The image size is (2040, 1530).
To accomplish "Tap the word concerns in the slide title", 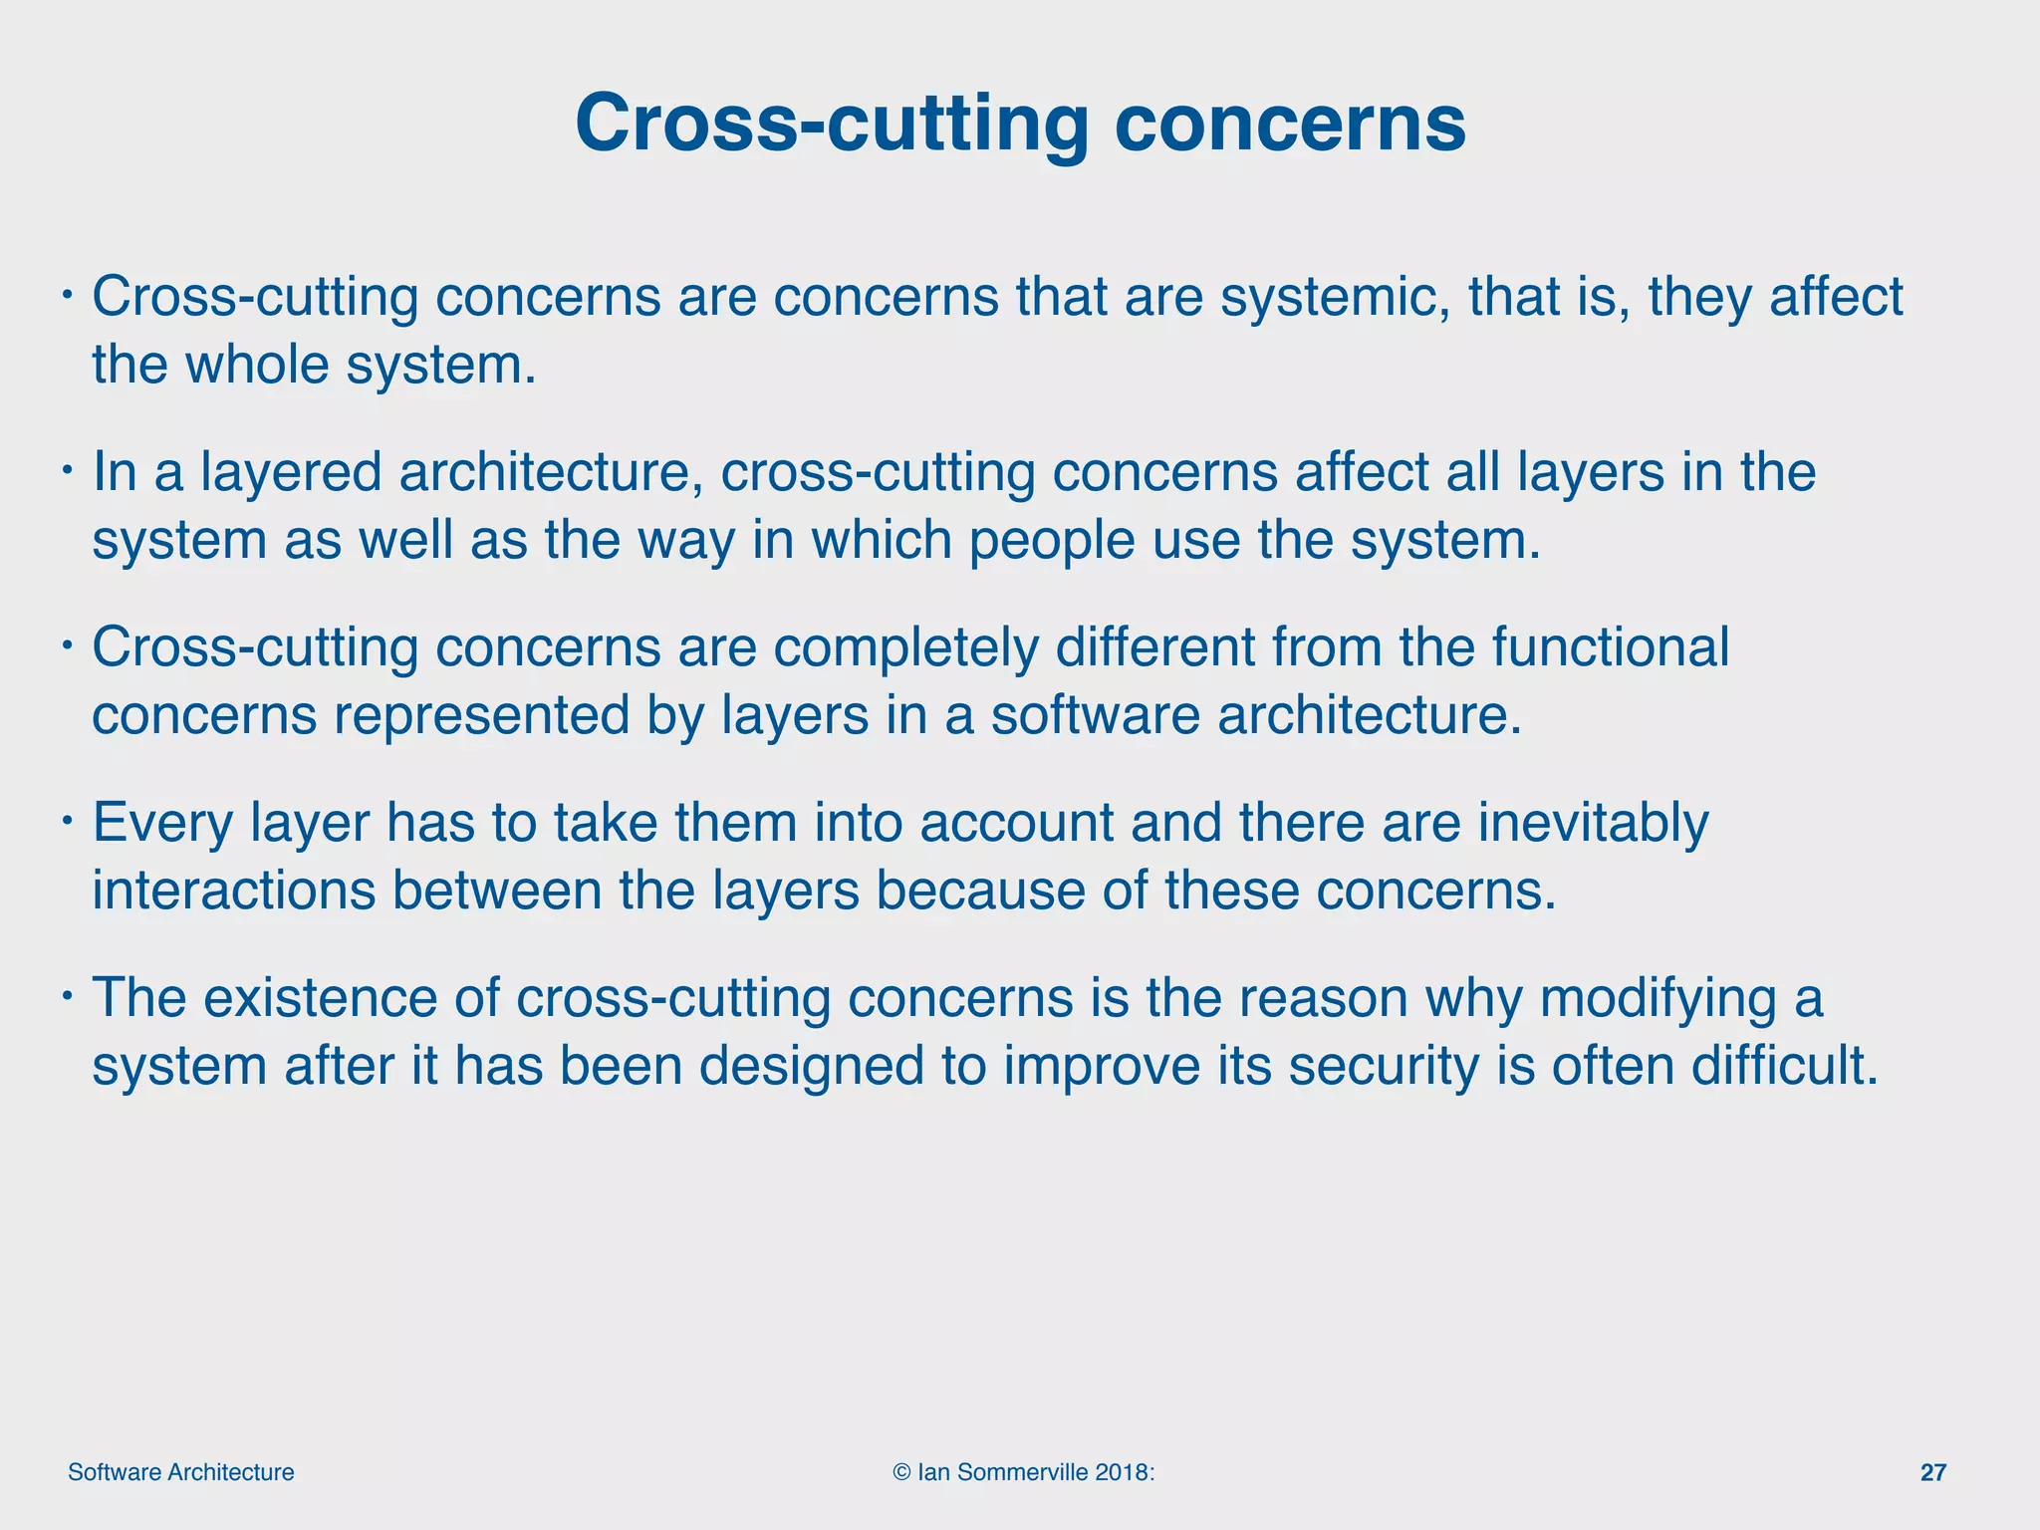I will click(1289, 124).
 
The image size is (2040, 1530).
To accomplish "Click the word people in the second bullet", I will click(1052, 540).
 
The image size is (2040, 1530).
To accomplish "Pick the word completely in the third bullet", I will click(905, 647).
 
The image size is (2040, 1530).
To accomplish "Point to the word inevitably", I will click(1593, 823).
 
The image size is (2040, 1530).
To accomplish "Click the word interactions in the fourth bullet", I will click(234, 890).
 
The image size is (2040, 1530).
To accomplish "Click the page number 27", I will click(1932, 1472).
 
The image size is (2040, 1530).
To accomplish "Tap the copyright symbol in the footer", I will click(902, 1472).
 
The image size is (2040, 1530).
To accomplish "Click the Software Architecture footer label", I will click(181, 1472).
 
